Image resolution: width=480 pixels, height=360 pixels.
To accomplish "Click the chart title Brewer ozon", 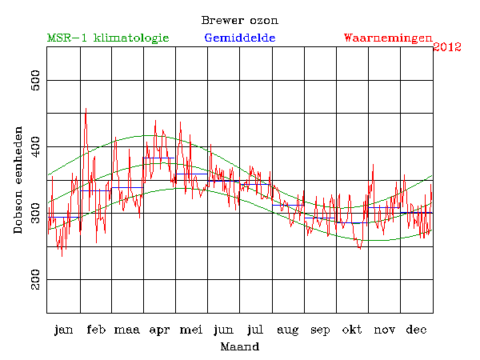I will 239,20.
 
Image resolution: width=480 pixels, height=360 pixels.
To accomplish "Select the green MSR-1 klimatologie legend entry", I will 108,38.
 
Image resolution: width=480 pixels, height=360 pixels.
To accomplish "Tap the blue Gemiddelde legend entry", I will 240,38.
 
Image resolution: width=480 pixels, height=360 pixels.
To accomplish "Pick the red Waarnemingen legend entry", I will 388,38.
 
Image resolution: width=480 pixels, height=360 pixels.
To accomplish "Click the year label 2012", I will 447,47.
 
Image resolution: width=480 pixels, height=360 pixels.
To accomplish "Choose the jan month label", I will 63,330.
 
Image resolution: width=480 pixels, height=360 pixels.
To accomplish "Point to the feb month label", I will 96,330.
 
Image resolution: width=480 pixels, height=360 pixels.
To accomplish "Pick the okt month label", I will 353,330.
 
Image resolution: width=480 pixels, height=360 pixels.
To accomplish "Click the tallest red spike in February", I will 86,110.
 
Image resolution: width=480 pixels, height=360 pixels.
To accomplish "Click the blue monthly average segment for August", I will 289,205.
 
